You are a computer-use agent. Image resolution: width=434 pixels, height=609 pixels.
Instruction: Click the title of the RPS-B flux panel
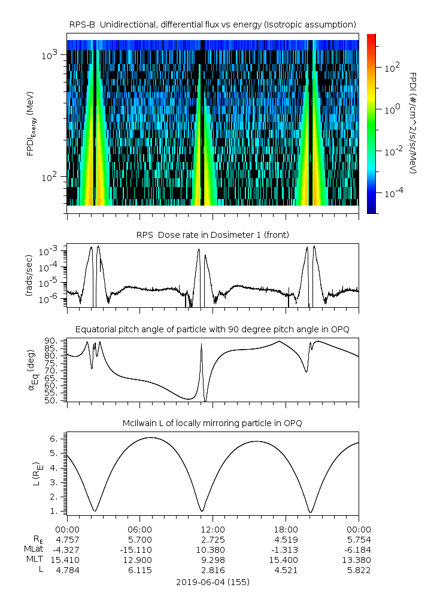(213, 24)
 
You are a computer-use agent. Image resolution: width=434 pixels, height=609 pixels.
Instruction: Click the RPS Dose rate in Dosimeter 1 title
(213, 235)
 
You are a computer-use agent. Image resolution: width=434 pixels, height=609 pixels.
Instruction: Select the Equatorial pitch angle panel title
(213, 329)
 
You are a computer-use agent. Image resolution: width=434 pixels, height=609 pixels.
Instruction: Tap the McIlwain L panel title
(213, 423)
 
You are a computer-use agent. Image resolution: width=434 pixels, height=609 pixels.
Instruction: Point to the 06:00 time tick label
(140, 530)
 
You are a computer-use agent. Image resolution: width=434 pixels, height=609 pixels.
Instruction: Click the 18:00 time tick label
(286, 530)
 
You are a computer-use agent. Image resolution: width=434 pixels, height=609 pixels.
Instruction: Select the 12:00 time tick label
(213, 530)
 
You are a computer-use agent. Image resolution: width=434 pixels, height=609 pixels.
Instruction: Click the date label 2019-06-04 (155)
(213, 582)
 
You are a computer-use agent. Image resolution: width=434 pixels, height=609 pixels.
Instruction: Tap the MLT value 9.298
(213, 560)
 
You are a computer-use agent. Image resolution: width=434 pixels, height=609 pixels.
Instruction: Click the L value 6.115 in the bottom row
(140, 570)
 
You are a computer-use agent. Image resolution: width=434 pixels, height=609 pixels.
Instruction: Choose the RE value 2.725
(213, 540)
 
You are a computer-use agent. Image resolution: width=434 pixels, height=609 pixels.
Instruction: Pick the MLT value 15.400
(286, 560)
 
